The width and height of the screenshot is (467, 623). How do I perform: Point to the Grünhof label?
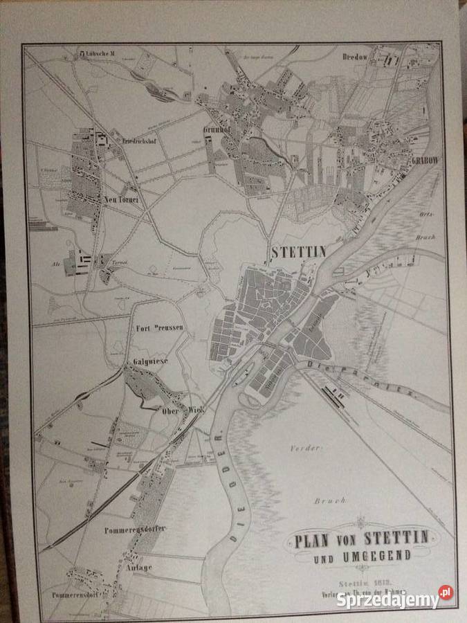coord(215,129)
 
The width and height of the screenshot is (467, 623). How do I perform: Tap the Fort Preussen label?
coord(160,327)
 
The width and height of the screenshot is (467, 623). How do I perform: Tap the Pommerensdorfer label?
coord(138,529)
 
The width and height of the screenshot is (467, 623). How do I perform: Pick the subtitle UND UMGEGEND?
coord(361,555)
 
